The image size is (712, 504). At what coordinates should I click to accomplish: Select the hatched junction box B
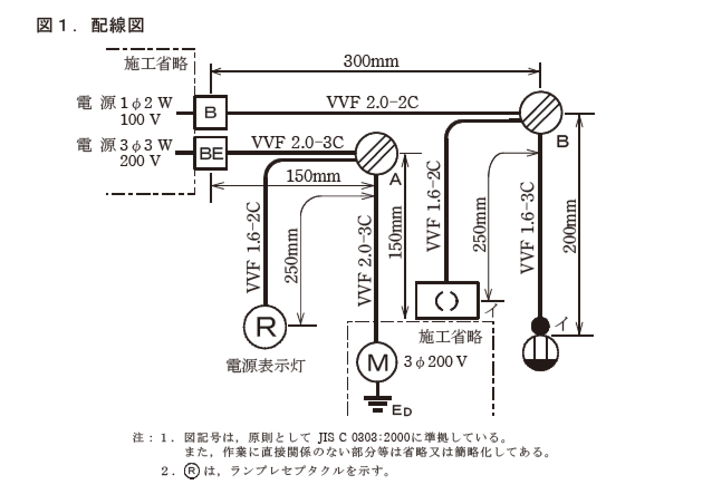pos(541,112)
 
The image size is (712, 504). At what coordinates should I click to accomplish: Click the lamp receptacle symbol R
pos(264,326)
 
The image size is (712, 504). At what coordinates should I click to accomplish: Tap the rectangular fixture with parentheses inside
pos(448,301)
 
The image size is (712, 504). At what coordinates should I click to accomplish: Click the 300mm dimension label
pos(371,61)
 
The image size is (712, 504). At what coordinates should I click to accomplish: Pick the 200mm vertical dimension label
pos(570,225)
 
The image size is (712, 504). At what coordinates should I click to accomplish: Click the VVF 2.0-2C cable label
pos(372,103)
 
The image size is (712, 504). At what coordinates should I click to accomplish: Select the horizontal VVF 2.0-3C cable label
pos(297,142)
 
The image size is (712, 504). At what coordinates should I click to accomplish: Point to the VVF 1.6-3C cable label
pos(527,227)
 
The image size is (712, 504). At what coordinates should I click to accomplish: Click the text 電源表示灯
pos(266,366)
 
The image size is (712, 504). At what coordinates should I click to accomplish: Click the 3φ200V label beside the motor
pos(436,362)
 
